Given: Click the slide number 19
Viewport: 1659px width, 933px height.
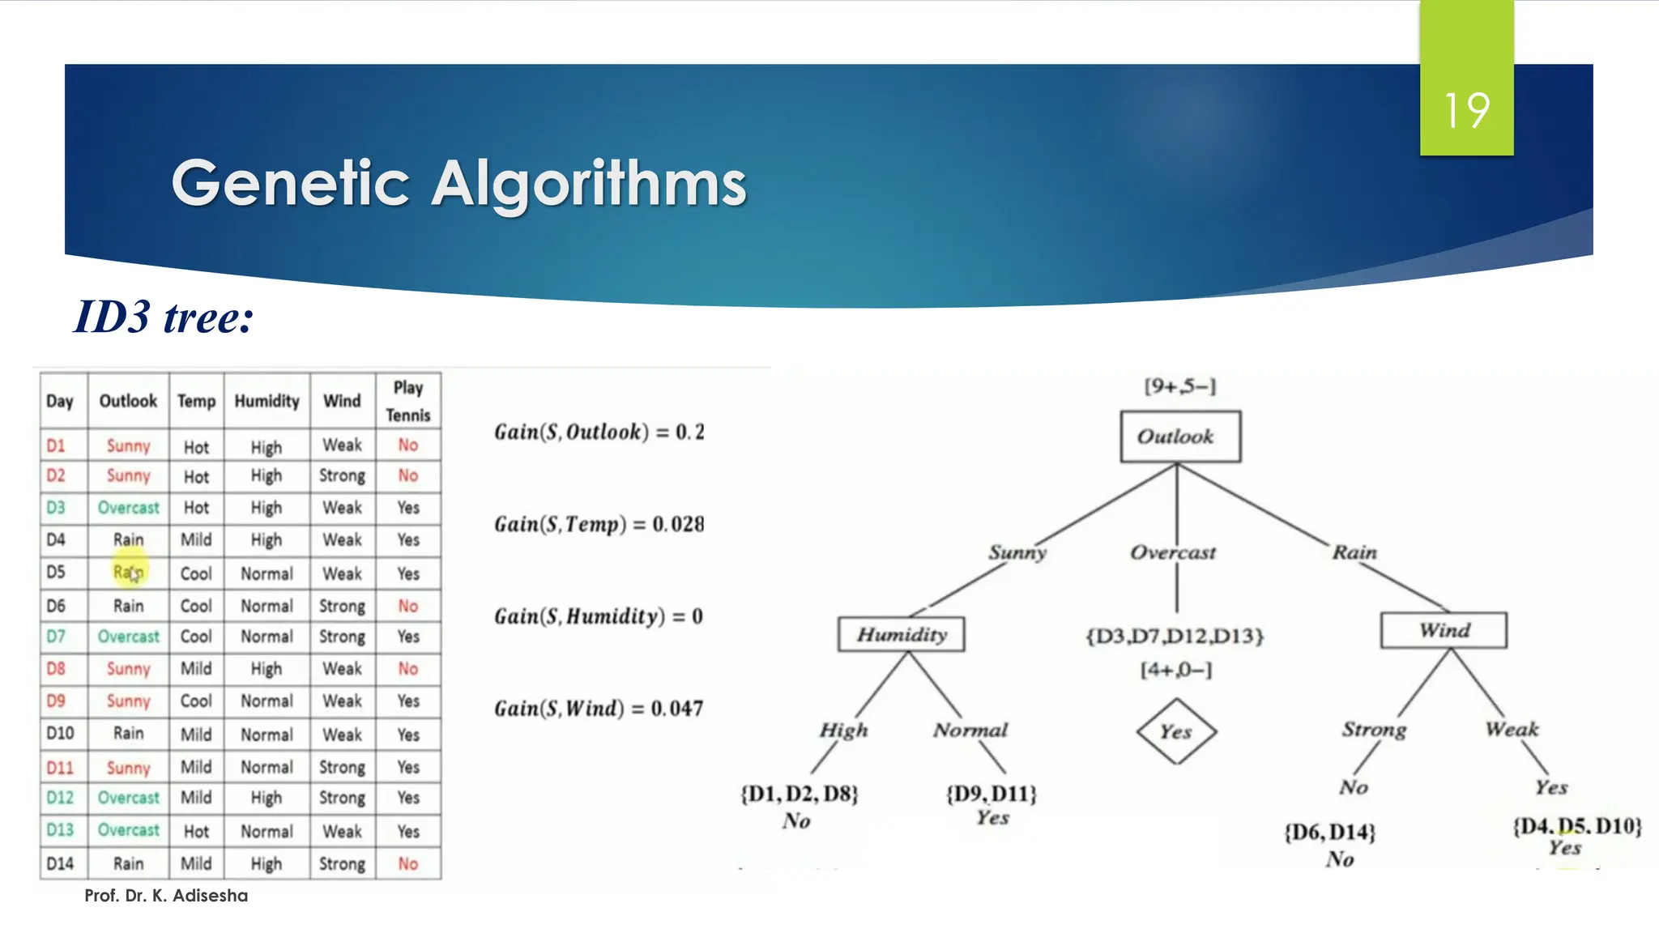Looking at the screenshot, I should click(1466, 110).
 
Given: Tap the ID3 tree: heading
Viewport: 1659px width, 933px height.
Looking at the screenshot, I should click(164, 317).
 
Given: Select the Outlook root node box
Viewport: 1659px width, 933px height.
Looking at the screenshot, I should click(1179, 437).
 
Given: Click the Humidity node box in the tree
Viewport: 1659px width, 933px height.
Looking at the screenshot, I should click(902, 634).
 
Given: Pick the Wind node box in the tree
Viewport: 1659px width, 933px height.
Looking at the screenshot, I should click(1444, 630).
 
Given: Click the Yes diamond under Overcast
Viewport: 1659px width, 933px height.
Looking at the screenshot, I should click(1176, 731).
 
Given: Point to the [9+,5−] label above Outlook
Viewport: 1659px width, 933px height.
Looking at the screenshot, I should click(1179, 386).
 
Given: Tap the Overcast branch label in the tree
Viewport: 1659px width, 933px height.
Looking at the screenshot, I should click(1173, 552).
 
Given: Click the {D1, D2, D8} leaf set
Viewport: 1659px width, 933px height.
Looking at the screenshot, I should click(800, 794).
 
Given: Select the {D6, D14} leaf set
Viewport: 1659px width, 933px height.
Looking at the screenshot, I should click(1329, 833).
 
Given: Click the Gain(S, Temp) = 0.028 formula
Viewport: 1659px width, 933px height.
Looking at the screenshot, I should click(599, 524).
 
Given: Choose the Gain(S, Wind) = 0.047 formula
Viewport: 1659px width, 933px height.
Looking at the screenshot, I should click(599, 709).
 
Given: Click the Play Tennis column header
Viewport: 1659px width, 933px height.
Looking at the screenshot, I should click(408, 401).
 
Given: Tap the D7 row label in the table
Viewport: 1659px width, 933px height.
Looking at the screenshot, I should click(56, 637).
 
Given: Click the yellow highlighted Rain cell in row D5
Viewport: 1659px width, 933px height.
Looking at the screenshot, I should click(128, 573).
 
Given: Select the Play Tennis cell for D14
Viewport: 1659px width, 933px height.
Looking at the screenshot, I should click(408, 863).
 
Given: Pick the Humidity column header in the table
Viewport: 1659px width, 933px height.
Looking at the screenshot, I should click(267, 401).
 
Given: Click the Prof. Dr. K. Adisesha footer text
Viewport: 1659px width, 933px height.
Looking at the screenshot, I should click(166, 896).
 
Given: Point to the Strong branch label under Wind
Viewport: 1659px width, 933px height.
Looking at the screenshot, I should click(1374, 729).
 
